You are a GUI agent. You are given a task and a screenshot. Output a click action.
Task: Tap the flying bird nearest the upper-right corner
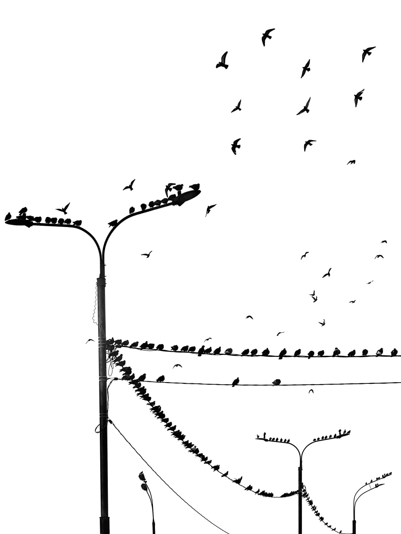point(368,53)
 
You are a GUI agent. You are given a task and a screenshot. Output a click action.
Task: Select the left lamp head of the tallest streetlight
point(19,222)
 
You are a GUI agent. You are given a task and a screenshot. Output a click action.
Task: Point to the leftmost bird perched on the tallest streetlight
point(8,216)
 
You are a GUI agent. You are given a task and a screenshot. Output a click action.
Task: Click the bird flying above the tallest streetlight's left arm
point(63,208)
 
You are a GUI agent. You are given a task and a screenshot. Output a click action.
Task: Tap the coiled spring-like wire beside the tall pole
point(95,305)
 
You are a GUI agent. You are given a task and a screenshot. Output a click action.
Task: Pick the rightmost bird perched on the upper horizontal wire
point(393,352)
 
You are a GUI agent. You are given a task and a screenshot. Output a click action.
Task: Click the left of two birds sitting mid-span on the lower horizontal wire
point(235,381)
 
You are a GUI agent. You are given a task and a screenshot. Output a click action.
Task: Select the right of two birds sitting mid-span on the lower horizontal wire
point(276,382)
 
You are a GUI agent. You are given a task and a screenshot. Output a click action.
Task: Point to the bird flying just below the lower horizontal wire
point(311,391)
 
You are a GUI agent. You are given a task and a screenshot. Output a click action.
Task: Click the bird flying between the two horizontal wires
point(177,366)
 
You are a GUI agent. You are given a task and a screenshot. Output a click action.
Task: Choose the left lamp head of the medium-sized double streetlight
point(262,439)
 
